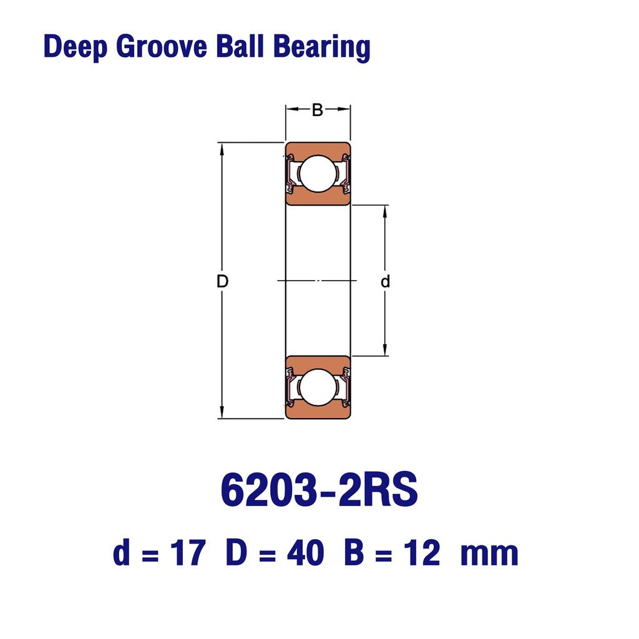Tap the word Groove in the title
[x=162, y=46]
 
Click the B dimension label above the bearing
[x=318, y=110]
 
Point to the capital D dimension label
[x=223, y=281]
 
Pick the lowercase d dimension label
[x=385, y=281]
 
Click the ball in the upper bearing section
[x=318, y=173]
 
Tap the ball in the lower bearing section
[x=318, y=388]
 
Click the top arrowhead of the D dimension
[x=222, y=149]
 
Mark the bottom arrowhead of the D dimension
[x=222, y=412]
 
